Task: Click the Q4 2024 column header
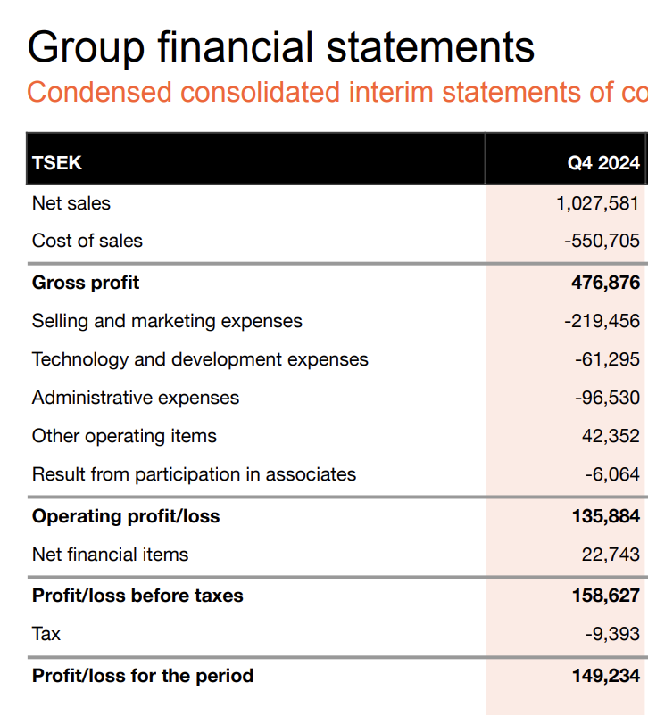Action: [603, 163]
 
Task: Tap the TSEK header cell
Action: [57, 163]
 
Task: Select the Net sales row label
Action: [71, 203]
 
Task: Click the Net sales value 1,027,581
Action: [597, 203]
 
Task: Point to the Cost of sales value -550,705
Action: [602, 241]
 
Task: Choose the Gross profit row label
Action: [86, 283]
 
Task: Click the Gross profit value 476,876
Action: [605, 283]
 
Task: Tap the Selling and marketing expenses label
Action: [167, 321]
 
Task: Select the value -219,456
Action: [602, 321]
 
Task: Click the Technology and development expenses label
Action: [200, 359]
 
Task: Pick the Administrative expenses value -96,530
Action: [607, 398]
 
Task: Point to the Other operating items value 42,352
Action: [611, 436]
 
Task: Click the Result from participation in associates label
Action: [194, 474]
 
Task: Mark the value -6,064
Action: [612, 474]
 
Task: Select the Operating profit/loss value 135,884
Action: [605, 516]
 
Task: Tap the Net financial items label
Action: [110, 555]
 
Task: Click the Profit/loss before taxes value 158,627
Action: [605, 596]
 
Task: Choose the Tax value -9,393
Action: [612, 634]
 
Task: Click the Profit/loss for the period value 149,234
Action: [605, 676]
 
